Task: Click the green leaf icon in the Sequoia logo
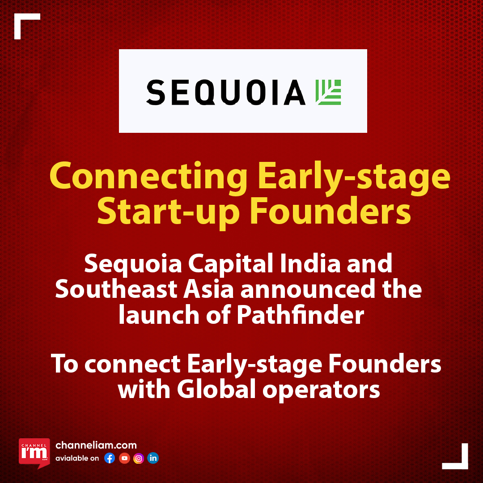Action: pos(328,93)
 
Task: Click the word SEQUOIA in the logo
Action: pos(225,93)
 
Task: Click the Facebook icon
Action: pos(110,458)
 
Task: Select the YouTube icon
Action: pos(124,458)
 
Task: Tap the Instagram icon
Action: pos(139,458)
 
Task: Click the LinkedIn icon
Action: pos(153,458)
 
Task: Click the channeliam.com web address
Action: pos(96,445)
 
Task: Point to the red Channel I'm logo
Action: pos(34,452)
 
